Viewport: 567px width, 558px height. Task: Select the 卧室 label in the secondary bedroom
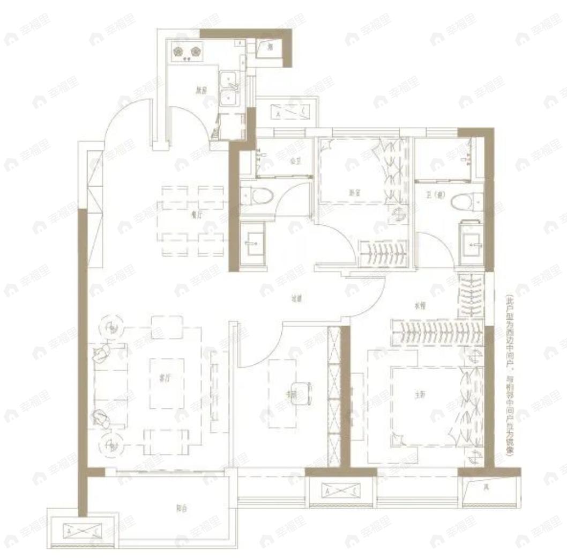(353, 192)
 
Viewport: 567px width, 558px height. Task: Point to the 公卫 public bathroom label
(293, 160)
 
